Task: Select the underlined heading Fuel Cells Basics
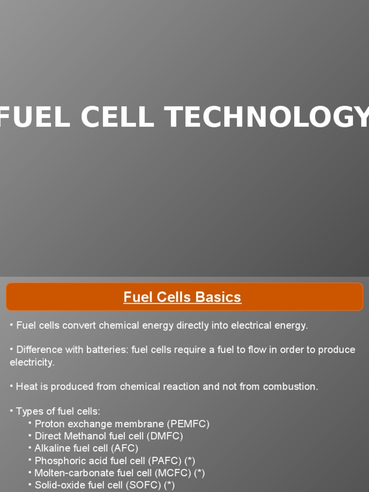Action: coord(182,297)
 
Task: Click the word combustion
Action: coord(292,386)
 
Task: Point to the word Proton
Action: coord(49,424)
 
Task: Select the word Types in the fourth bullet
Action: coord(27,411)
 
